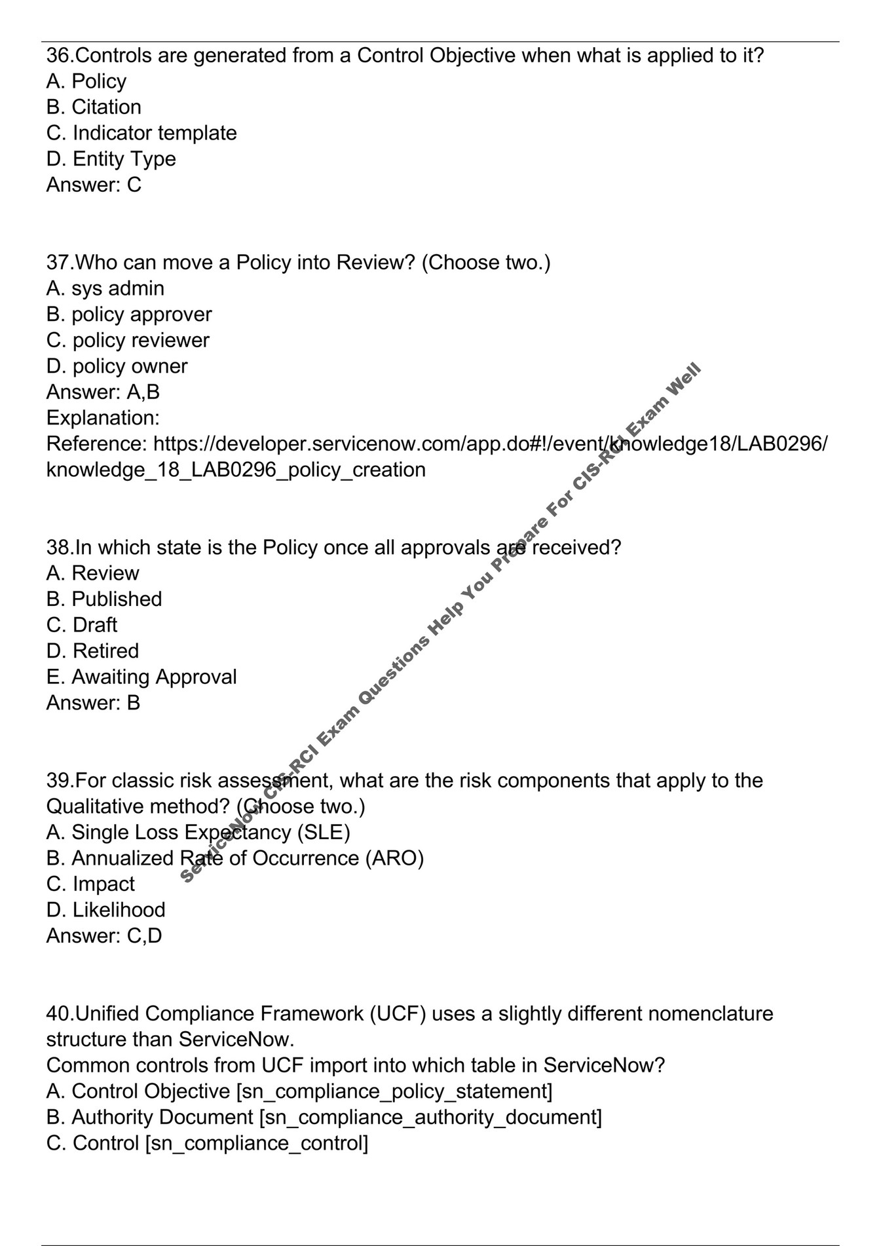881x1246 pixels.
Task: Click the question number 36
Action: [x=60, y=56]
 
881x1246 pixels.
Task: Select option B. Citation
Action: [x=94, y=107]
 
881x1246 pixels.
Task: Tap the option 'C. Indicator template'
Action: [x=141, y=133]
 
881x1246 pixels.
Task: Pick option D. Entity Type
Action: [x=111, y=159]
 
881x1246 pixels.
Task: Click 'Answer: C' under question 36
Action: [x=94, y=185]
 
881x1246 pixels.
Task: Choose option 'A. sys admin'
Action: [x=105, y=288]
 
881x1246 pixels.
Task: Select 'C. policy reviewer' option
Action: [x=128, y=341]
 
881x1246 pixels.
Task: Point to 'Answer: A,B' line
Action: [x=103, y=392]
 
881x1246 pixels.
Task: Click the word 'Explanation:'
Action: [x=103, y=418]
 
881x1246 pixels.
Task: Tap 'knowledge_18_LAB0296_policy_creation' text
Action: [x=236, y=470]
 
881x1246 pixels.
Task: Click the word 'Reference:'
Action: [x=97, y=444]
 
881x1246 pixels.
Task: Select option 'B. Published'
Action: [x=104, y=599]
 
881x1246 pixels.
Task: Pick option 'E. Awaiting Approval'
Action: [x=141, y=677]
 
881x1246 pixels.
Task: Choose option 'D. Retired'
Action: [x=92, y=651]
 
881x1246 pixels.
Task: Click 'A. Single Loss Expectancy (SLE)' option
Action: [x=198, y=832]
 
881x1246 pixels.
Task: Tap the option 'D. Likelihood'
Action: [x=105, y=910]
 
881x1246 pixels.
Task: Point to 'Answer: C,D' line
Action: [x=103, y=935]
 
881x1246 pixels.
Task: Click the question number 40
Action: [x=60, y=1013]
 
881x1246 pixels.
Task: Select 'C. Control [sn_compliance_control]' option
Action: [x=207, y=1143]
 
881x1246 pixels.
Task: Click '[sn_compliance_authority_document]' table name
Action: [x=430, y=1117]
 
